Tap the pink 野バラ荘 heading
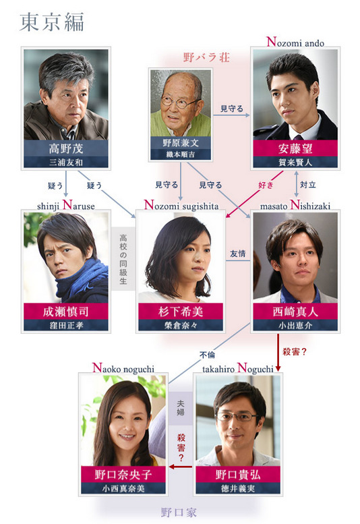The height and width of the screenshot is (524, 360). (x=206, y=57)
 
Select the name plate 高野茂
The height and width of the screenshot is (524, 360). (x=65, y=148)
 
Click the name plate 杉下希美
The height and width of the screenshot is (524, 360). (x=180, y=312)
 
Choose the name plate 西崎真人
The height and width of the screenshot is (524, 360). (x=295, y=312)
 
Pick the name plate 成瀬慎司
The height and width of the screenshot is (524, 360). (x=65, y=312)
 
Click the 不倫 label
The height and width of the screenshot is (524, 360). (x=207, y=354)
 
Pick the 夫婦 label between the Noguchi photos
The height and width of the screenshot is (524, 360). (x=180, y=408)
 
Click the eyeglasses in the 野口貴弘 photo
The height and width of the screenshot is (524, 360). (x=236, y=416)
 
